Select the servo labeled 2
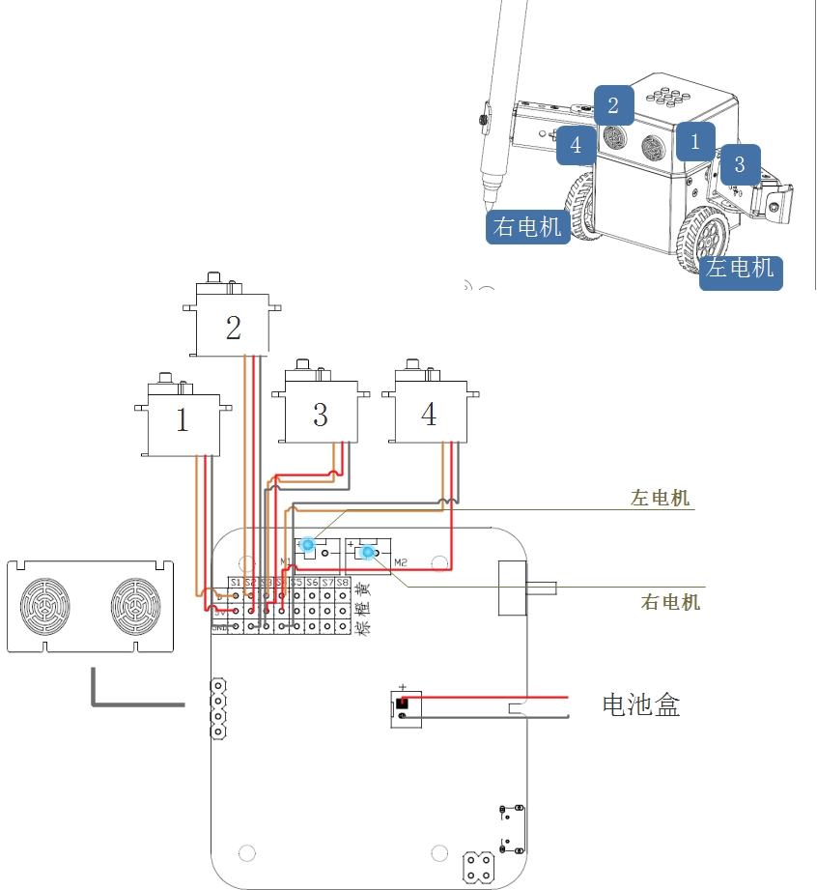233,328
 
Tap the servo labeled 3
320,414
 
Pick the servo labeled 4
429,414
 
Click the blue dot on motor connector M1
307,544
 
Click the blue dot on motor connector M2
367,552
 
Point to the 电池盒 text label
640,705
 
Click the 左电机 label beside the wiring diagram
661,499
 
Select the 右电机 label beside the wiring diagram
670,602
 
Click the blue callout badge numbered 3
740,164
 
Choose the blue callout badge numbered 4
577,146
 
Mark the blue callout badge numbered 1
695,142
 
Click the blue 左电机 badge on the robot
741,268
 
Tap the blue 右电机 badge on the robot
527,227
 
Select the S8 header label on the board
342,583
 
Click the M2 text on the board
401,561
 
